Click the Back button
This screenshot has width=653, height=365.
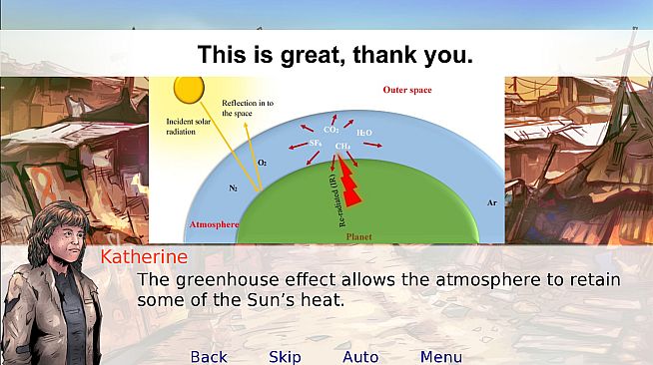click(209, 357)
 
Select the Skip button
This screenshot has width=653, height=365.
click(285, 357)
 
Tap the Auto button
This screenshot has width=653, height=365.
click(360, 357)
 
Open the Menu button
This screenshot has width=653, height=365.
click(440, 357)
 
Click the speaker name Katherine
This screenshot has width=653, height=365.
click(144, 257)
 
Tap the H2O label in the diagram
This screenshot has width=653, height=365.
click(364, 132)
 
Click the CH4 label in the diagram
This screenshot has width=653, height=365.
click(342, 146)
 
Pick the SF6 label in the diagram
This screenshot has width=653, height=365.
click(315, 144)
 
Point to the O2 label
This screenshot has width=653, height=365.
click(263, 161)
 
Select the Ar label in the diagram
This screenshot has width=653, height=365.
click(490, 201)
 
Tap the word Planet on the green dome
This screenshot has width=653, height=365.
click(358, 237)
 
